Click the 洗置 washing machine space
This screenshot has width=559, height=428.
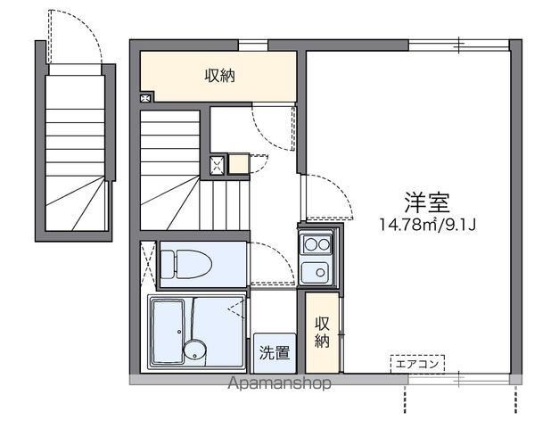pyautogui.click(x=275, y=352)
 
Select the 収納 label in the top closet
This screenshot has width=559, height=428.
pyautogui.click(x=219, y=77)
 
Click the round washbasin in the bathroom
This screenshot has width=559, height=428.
pyautogui.click(x=193, y=349)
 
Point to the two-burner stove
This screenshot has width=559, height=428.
pyautogui.click(x=316, y=242)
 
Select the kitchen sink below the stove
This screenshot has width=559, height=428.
pyautogui.click(x=316, y=272)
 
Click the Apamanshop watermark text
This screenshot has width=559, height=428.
pyautogui.click(x=280, y=383)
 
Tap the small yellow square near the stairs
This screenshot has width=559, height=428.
pyautogui.click(x=238, y=163)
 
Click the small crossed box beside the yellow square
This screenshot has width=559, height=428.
pyautogui.click(x=217, y=163)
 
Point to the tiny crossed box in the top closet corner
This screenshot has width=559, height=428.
pyautogui.click(x=146, y=98)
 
